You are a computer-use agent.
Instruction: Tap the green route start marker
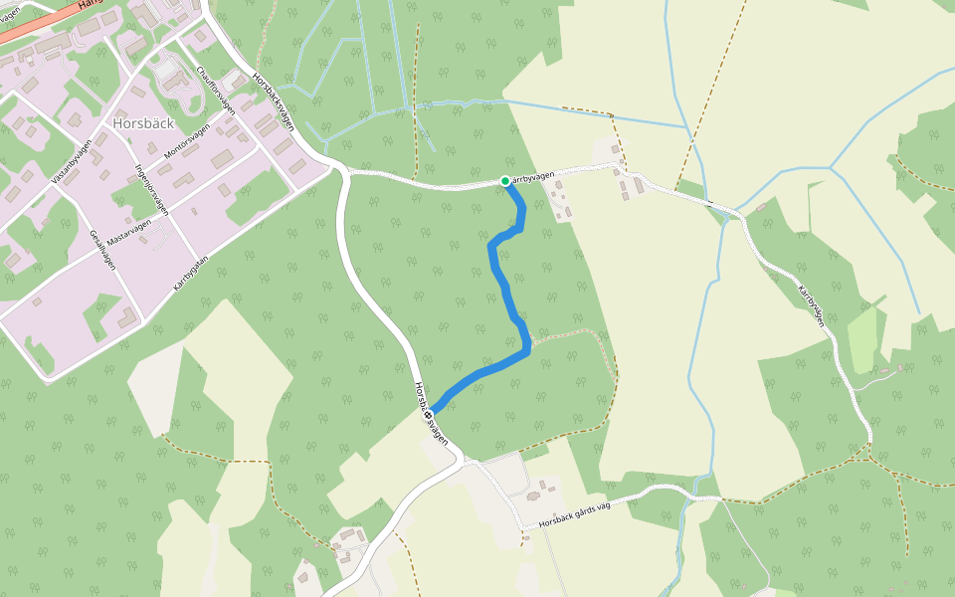pos(505,181)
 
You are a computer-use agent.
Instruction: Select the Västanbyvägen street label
pos(71,162)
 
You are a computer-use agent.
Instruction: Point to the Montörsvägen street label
pos(188,144)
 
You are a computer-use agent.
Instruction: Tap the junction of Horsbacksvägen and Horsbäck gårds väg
pos(466,461)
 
